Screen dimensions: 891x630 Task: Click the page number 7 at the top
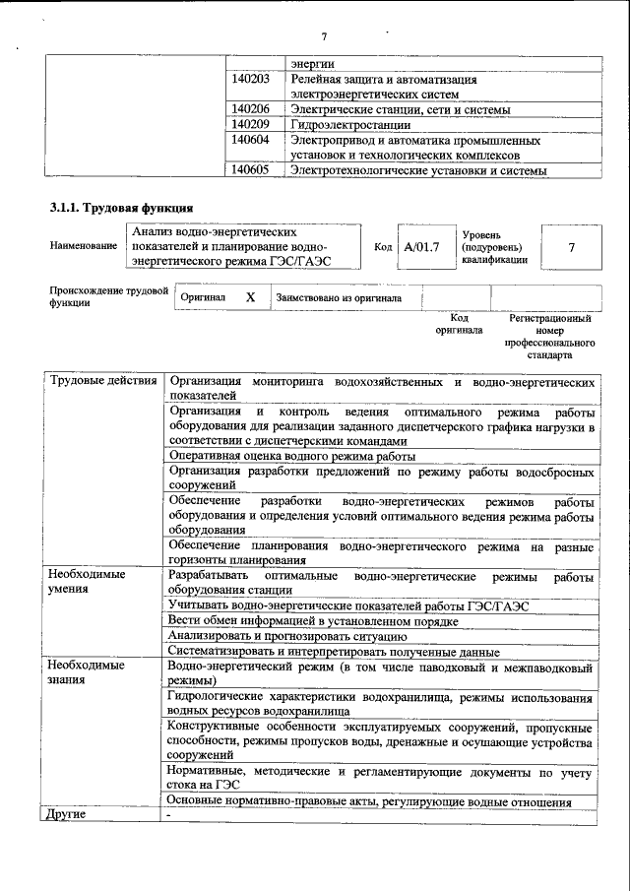[x=323, y=37]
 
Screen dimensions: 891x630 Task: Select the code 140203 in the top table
[x=250, y=79]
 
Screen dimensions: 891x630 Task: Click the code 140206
[x=250, y=109]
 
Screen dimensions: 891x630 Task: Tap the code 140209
[x=250, y=125]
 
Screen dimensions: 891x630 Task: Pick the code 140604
[x=250, y=141]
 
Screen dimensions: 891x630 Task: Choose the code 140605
[x=250, y=171]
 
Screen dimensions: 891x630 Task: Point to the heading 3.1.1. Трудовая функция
[x=121, y=208]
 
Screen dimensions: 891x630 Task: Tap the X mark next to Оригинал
[x=250, y=296]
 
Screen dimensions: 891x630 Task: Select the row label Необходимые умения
[x=87, y=582]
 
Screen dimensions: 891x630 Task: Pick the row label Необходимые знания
[x=87, y=674]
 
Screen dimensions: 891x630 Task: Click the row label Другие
[x=68, y=815]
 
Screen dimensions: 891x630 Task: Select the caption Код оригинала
[x=459, y=325]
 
